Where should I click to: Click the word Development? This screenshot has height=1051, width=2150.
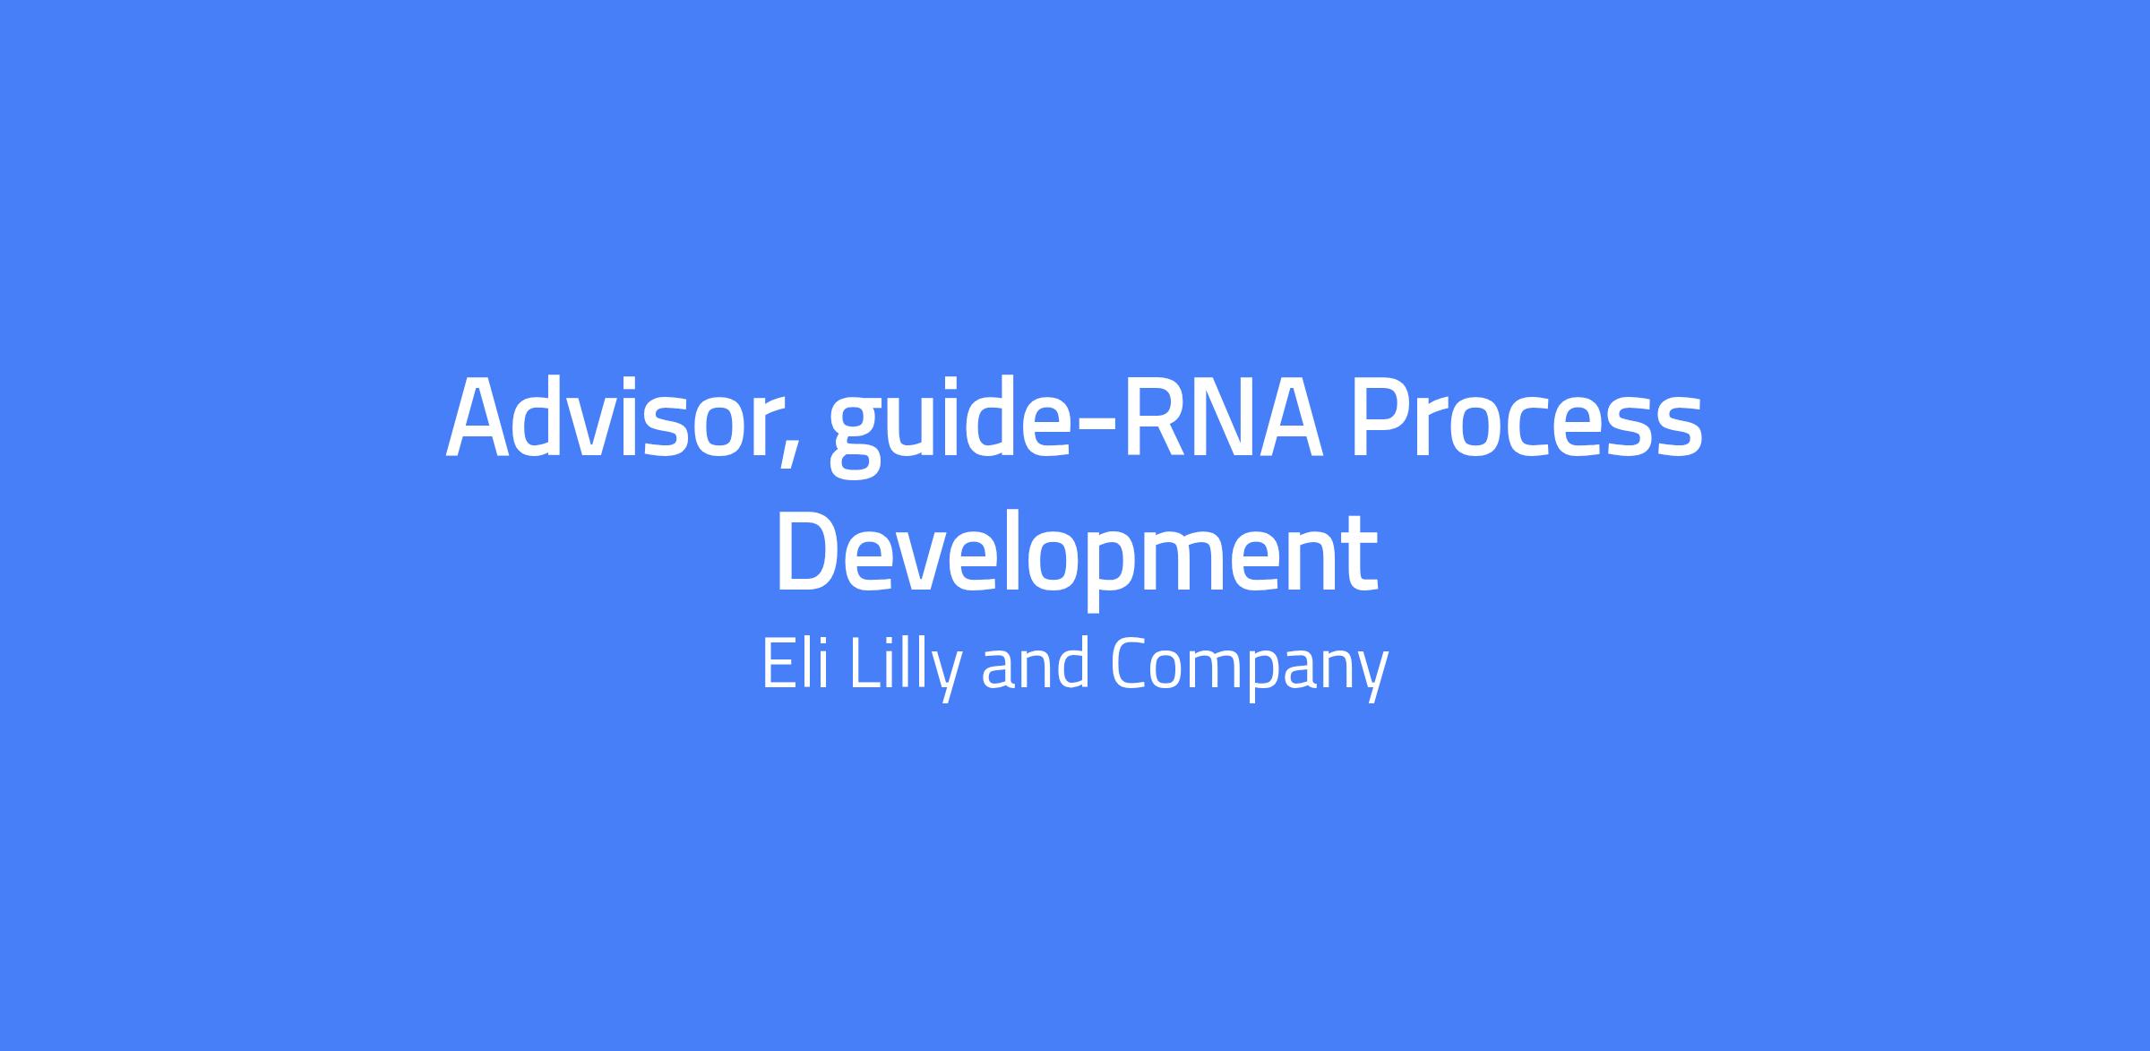[1076, 555]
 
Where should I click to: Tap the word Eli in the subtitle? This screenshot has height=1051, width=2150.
[795, 664]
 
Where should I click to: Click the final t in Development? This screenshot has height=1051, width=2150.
[1358, 560]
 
